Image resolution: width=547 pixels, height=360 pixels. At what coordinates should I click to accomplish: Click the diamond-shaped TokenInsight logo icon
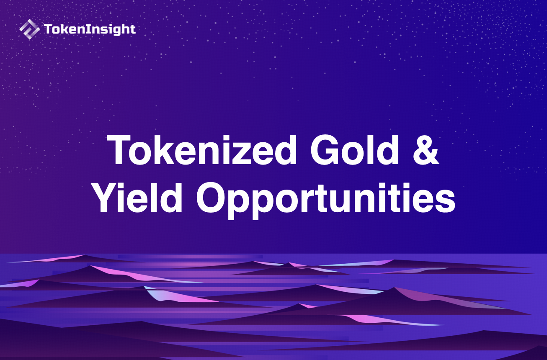pyautogui.click(x=30, y=29)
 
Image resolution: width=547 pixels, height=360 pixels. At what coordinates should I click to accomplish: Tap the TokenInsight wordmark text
pyautogui.click(x=90, y=29)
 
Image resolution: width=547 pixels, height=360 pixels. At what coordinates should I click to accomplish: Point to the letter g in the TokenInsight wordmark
pyautogui.click(x=119, y=31)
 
